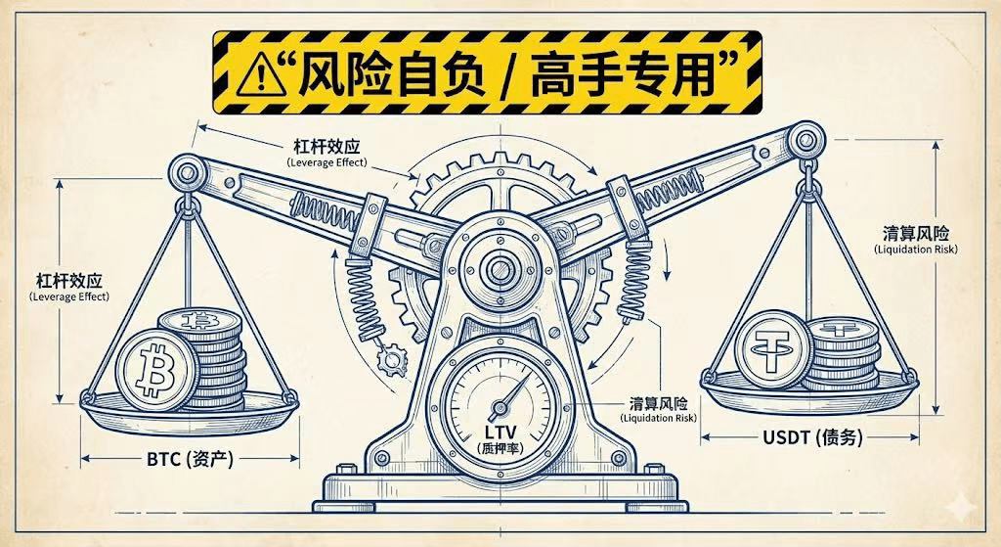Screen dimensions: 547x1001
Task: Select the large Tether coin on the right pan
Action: point(770,348)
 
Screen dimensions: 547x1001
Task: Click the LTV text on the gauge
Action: point(500,431)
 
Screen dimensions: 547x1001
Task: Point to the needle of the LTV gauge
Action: point(509,396)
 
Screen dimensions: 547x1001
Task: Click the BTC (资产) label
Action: point(190,457)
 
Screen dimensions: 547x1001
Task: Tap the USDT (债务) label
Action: point(812,437)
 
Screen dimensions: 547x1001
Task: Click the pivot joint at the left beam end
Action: point(184,174)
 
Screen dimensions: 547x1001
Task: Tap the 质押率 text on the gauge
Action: point(500,447)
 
